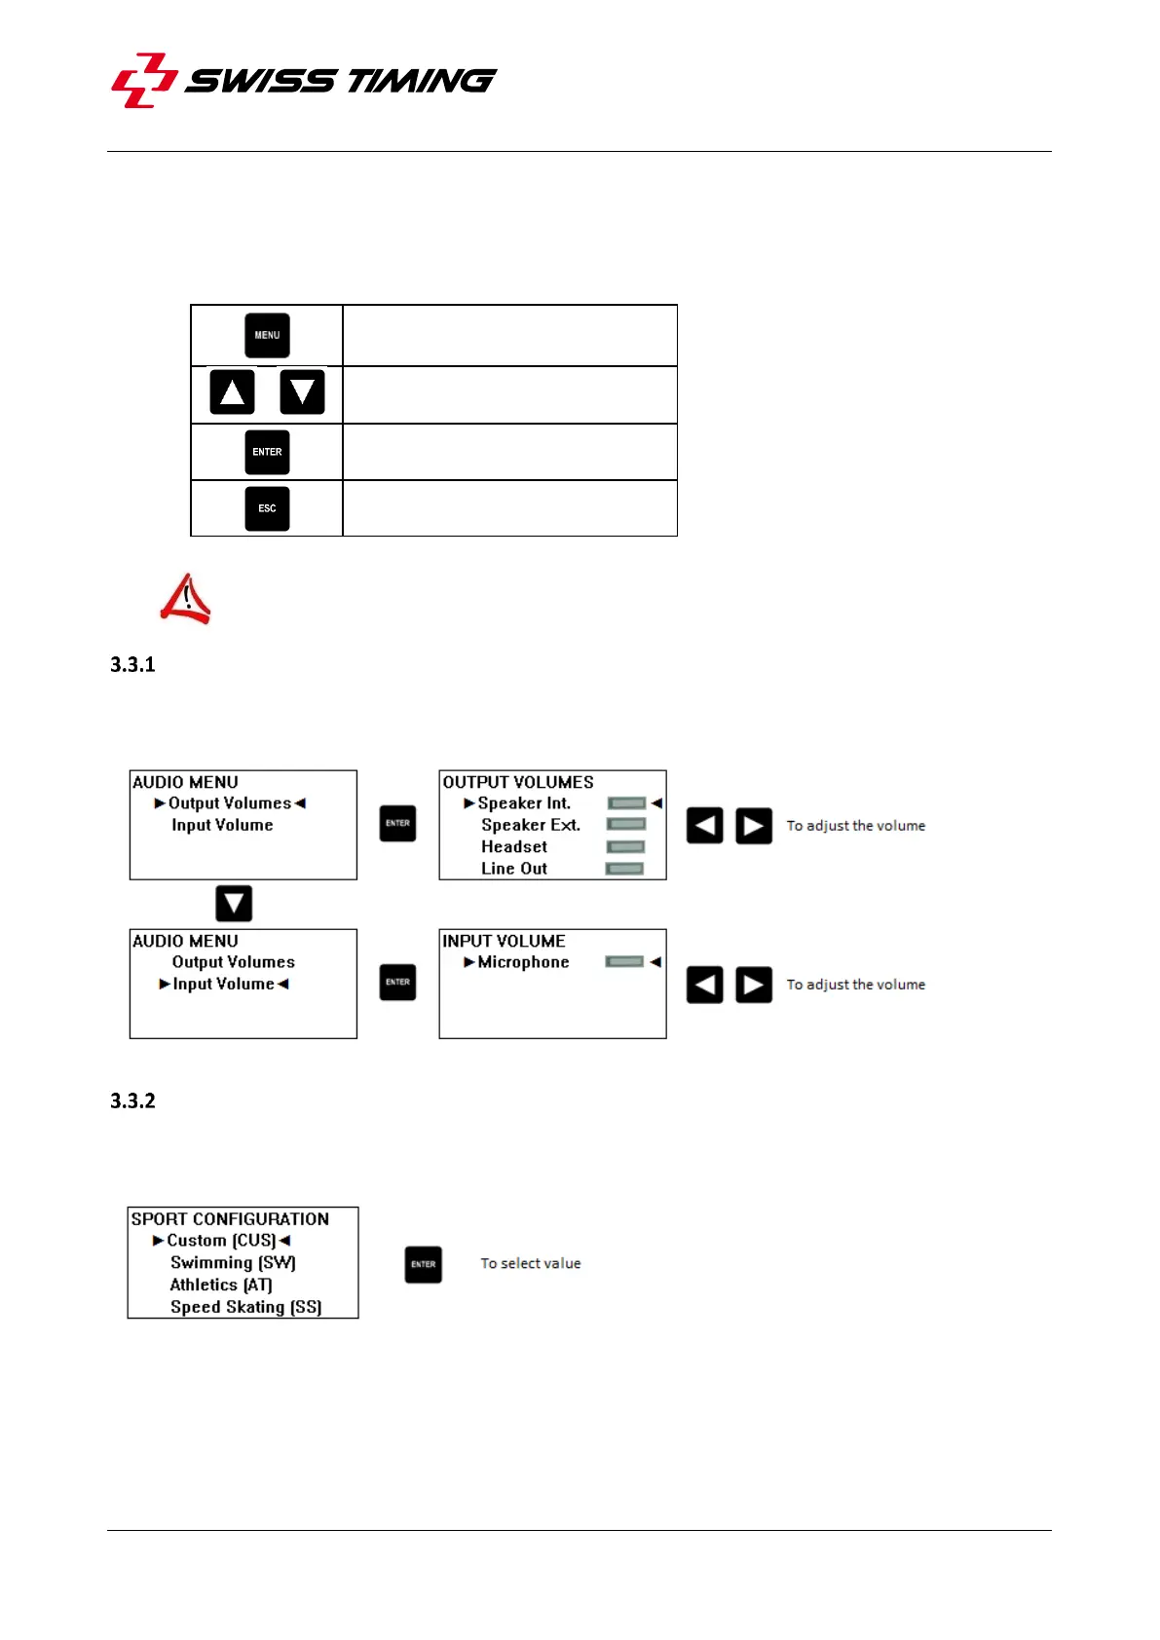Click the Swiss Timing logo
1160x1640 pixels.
tap(303, 81)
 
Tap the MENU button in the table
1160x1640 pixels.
tap(267, 336)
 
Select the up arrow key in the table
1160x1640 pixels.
tap(232, 392)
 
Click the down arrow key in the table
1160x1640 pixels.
tap(302, 392)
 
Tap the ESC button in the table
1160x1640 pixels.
tap(267, 508)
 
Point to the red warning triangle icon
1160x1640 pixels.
tap(186, 599)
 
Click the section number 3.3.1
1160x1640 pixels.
tap(132, 665)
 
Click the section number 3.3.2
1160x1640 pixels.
tap(132, 1101)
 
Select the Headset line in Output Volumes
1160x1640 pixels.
tap(514, 847)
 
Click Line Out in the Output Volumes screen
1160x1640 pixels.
tap(514, 869)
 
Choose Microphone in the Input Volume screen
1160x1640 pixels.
tap(523, 962)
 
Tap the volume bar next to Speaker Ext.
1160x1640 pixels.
tap(626, 825)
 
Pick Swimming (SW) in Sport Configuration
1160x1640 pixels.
tap(233, 1263)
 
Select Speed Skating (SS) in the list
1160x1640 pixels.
tap(245, 1307)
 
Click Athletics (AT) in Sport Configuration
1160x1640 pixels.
tap(221, 1286)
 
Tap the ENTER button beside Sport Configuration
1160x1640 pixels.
tap(423, 1264)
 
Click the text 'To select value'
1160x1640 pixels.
tap(531, 1264)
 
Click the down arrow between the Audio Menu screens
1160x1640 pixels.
tap(234, 904)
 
